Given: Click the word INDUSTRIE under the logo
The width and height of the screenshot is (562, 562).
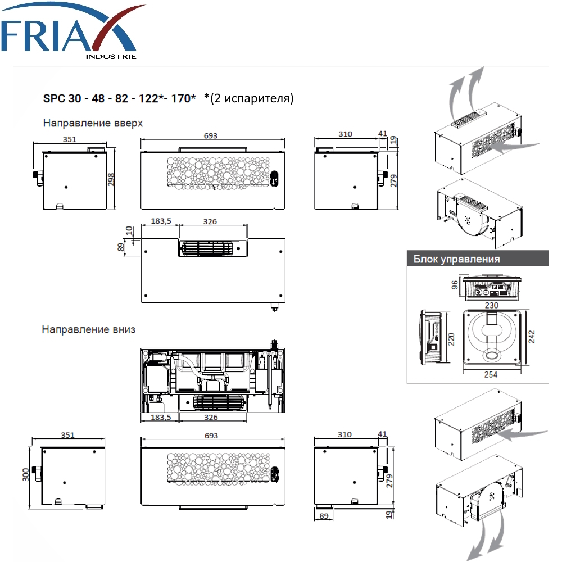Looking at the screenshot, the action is (x=111, y=57).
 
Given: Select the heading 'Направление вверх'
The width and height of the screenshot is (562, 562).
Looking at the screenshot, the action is (x=93, y=123).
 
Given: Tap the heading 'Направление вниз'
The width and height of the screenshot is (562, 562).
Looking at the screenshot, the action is (x=89, y=329).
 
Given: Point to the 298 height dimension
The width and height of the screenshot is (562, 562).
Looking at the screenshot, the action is (x=111, y=179).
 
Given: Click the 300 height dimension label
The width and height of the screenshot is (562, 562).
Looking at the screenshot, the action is (x=25, y=474).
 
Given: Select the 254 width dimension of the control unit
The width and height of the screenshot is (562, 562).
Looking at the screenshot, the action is (x=491, y=374).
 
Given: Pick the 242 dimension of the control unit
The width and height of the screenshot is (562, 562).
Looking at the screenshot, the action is (x=532, y=337).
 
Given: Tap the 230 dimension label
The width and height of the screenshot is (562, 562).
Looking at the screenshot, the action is (x=491, y=305).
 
